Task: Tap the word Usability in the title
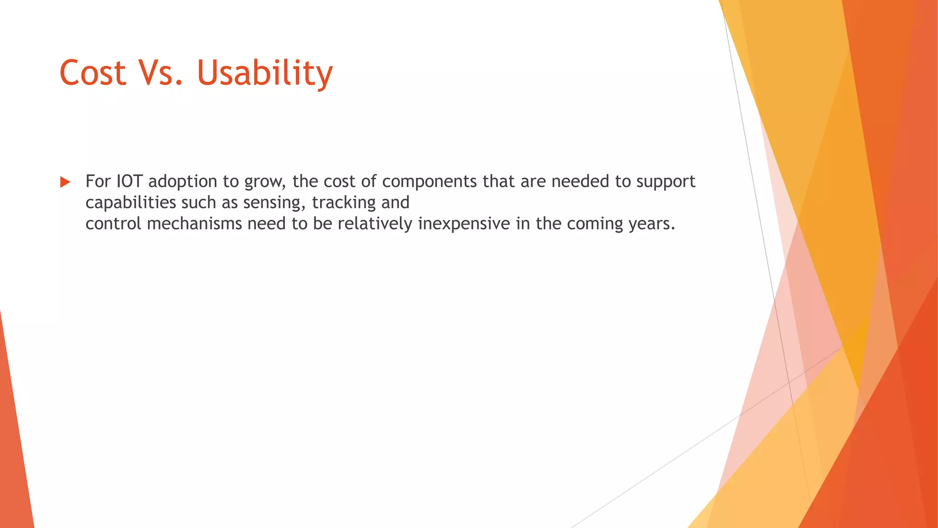(264, 73)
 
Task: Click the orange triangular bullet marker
(65, 182)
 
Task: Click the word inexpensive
(464, 224)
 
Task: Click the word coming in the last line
(594, 224)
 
